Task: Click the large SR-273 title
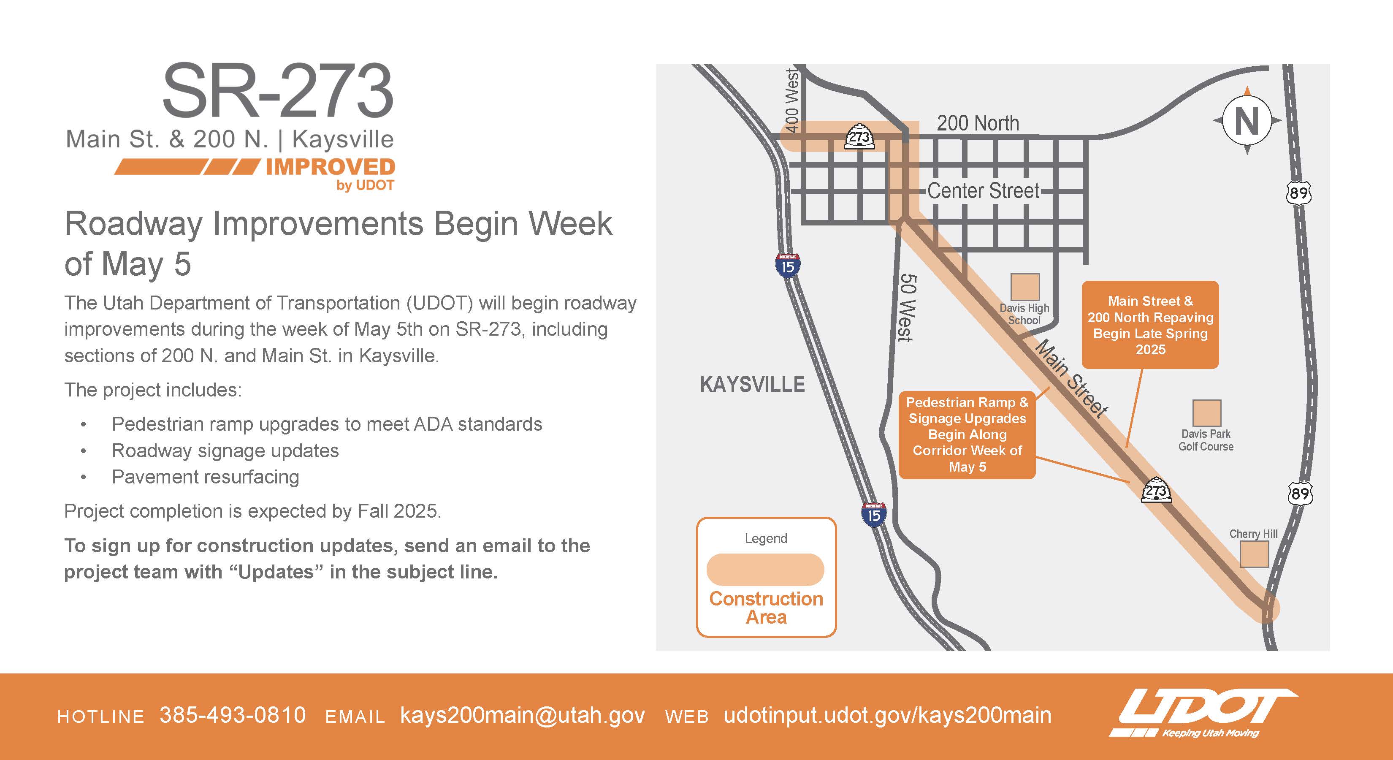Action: [278, 91]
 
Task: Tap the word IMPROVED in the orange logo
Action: [331, 167]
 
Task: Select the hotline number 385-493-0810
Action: [233, 715]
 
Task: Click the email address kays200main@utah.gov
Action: [523, 716]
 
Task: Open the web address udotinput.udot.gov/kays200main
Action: [887, 716]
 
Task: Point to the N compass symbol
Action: [1247, 121]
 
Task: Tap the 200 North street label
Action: [978, 123]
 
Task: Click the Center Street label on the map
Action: [983, 191]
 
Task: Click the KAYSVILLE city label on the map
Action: [752, 385]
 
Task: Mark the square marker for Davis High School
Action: [1025, 287]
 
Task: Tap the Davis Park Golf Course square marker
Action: [1207, 413]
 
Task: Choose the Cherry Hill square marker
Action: [1254, 554]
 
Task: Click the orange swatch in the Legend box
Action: [765, 570]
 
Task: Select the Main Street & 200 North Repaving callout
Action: [1150, 325]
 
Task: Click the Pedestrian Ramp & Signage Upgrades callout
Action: [968, 435]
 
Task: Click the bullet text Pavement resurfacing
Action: [206, 477]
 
